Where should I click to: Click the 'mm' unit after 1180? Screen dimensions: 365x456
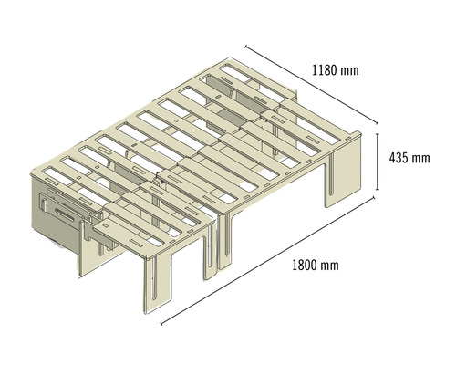point(350,69)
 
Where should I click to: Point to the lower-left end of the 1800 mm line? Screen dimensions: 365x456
point(162,321)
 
